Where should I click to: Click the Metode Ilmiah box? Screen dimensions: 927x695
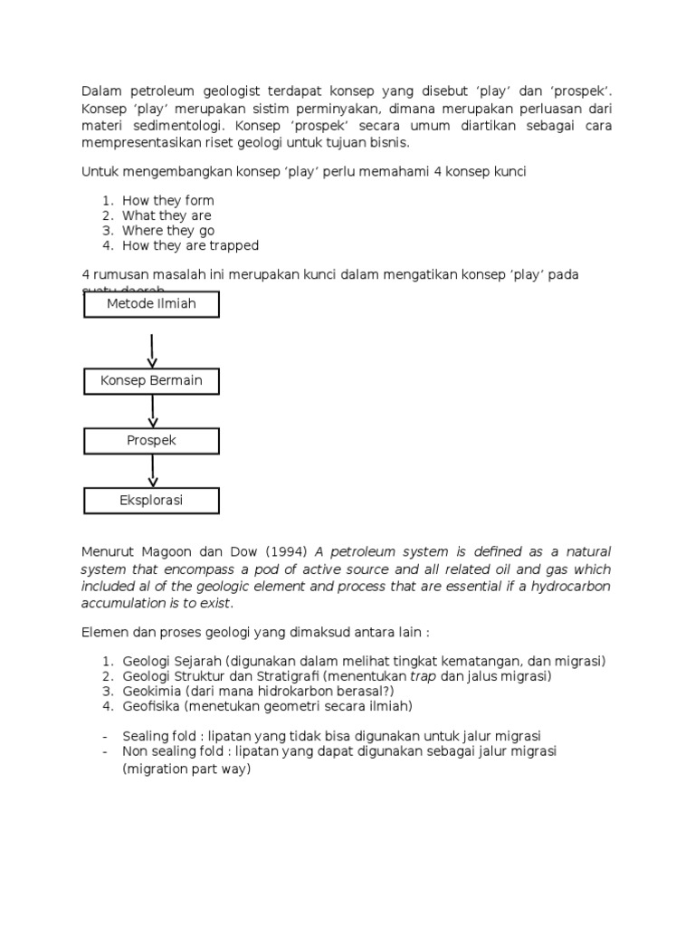(x=151, y=304)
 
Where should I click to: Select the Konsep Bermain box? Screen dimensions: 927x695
(x=151, y=381)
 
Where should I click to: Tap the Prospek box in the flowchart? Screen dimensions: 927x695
(x=151, y=441)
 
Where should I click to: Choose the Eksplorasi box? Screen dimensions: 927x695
(x=151, y=500)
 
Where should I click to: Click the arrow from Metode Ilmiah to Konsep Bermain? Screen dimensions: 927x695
(x=152, y=350)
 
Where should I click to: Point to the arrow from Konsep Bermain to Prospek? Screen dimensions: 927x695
(x=152, y=411)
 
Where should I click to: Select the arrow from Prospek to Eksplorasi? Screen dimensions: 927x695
(x=152, y=470)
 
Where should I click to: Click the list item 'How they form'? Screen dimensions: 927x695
(x=168, y=200)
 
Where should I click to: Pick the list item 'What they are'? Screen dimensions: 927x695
(x=167, y=215)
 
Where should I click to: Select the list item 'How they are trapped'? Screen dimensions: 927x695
(x=190, y=245)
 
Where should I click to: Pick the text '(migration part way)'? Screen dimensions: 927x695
(x=186, y=769)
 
